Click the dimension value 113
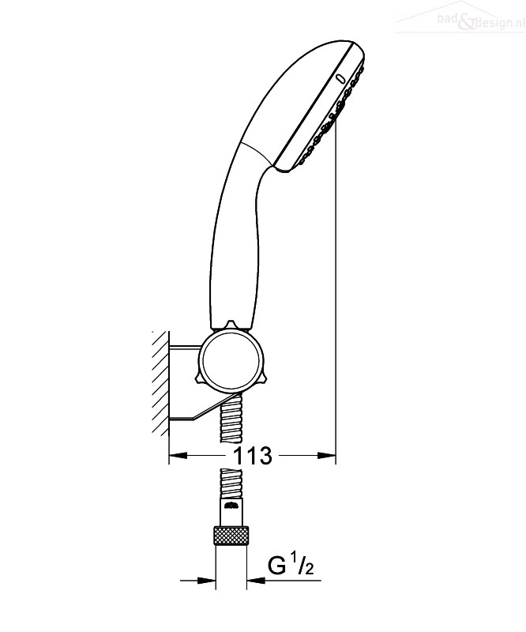coord(253,456)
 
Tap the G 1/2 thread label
coord(291,566)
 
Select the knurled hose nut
coord(231,536)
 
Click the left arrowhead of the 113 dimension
coord(178,456)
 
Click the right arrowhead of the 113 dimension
coord(326,456)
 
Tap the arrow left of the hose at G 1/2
coord(205,581)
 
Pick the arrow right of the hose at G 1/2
coord(256,581)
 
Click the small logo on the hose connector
coord(231,505)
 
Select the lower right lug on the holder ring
coord(261,377)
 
